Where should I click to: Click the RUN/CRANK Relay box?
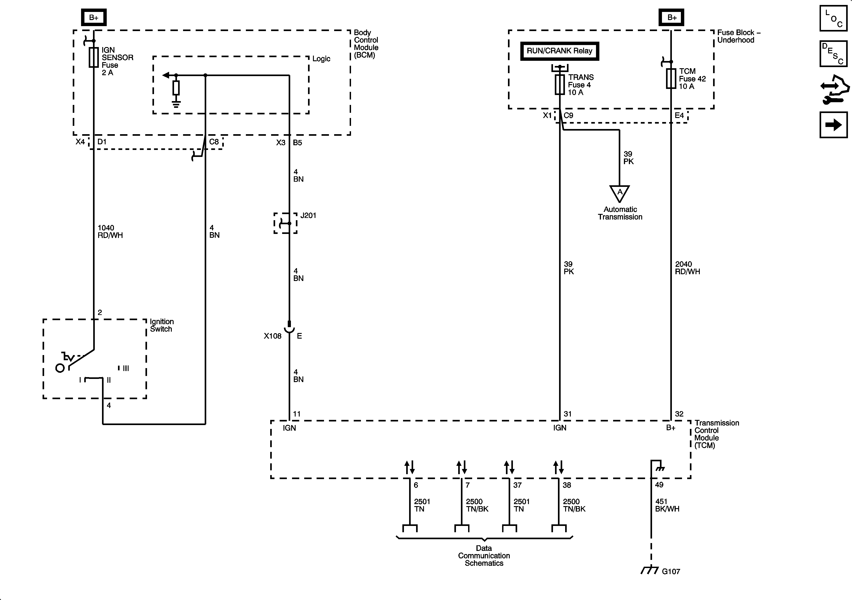pyautogui.click(x=560, y=51)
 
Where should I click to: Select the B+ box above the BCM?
pyautogui.click(x=94, y=17)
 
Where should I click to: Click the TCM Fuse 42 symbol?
pyautogui.click(x=671, y=79)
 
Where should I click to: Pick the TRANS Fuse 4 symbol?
pyautogui.click(x=560, y=85)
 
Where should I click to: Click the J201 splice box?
pyautogui.click(x=285, y=223)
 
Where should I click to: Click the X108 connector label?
pyautogui.click(x=273, y=336)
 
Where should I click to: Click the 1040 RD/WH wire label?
pyautogui.click(x=110, y=231)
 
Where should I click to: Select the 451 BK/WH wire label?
pyautogui.click(x=667, y=505)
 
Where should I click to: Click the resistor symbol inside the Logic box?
pyautogui.click(x=176, y=88)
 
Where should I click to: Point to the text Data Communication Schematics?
pyautogui.click(x=484, y=555)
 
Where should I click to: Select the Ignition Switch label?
pyautogui.click(x=162, y=325)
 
